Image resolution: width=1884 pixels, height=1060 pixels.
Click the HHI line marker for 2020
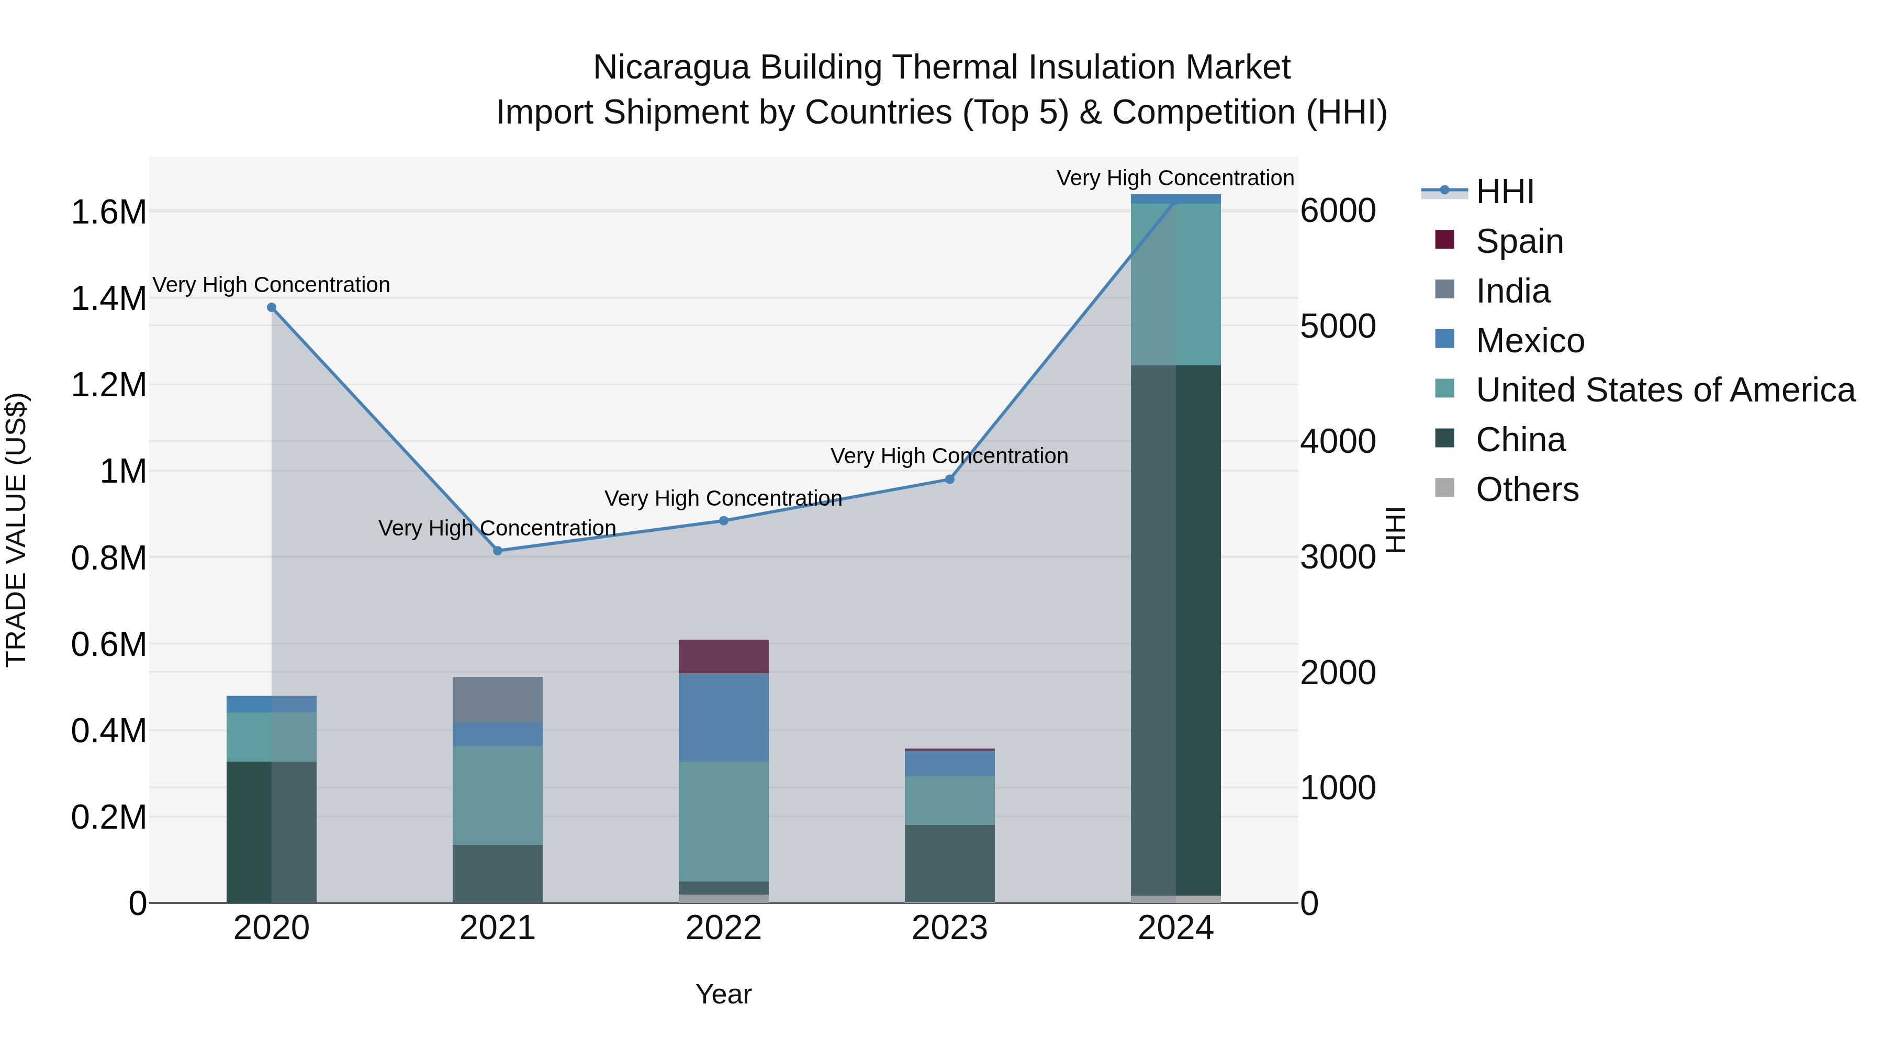(x=271, y=307)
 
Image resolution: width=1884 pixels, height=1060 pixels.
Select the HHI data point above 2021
(x=497, y=551)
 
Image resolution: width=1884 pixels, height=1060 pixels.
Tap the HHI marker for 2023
(x=949, y=479)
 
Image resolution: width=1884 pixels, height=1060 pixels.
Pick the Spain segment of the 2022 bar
(x=723, y=656)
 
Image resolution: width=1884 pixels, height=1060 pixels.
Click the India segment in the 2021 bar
(x=497, y=699)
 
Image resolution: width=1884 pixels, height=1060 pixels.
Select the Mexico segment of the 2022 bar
(x=723, y=717)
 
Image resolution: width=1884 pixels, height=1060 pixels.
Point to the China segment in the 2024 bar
(x=1175, y=629)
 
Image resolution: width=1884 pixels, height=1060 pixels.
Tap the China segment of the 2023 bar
(x=949, y=863)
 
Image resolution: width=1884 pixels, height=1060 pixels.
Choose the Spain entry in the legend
(x=1519, y=241)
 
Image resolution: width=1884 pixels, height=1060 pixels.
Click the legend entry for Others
(x=1527, y=489)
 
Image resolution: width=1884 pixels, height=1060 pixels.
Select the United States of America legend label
(x=1665, y=390)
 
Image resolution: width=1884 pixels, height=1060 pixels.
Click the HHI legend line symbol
(x=1444, y=192)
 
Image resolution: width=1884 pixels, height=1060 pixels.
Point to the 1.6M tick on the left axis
(x=108, y=212)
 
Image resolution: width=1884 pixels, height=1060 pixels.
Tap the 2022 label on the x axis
(x=723, y=928)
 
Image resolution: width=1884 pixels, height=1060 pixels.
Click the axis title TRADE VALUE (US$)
(x=16, y=530)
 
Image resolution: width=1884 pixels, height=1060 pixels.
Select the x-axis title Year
(x=723, y=994)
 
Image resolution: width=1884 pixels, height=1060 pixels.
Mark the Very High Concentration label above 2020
(x=271, y=285)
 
